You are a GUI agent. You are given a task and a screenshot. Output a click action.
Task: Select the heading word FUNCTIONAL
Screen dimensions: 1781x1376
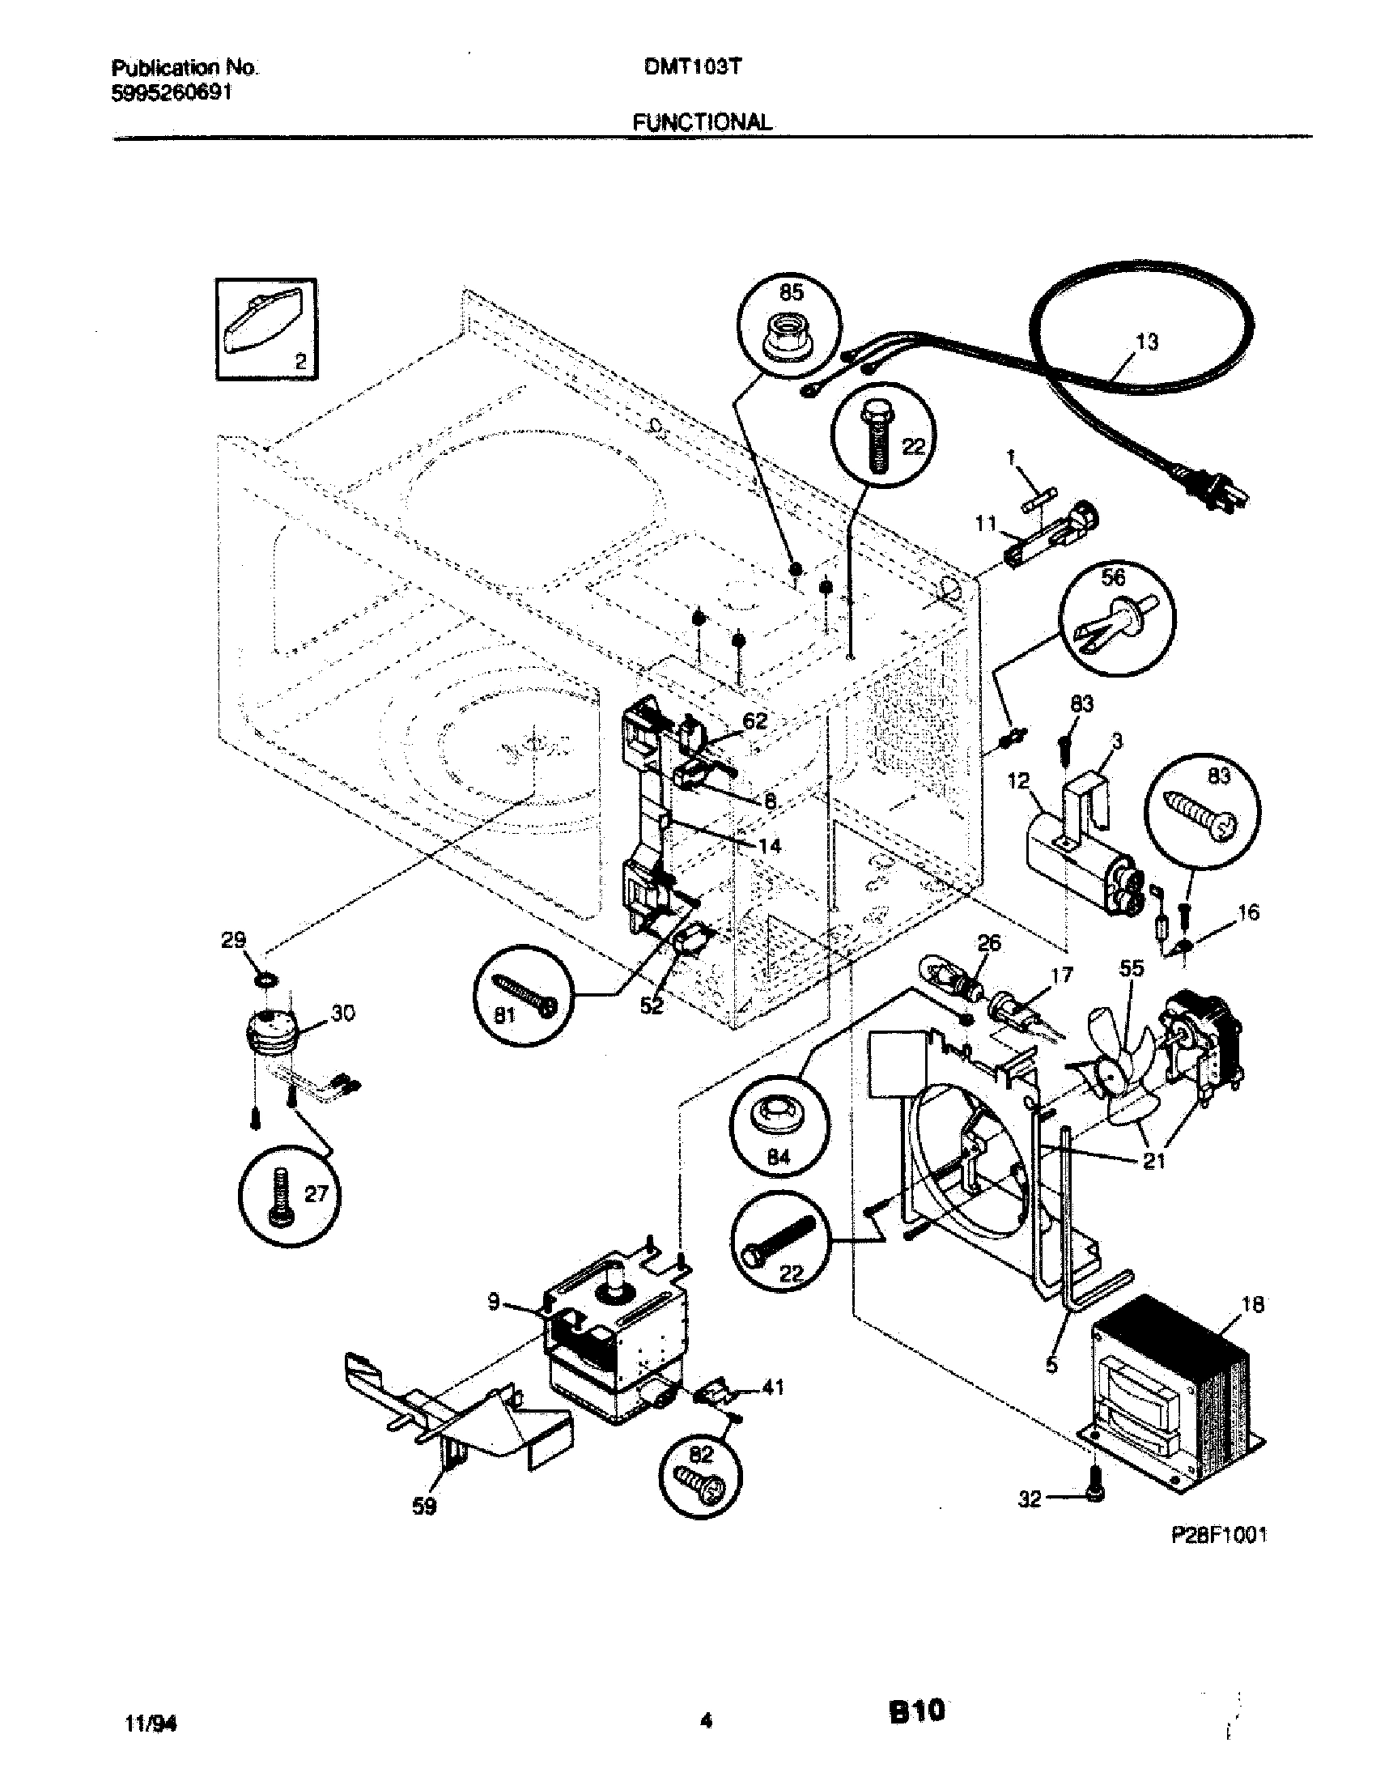tap(701, 122)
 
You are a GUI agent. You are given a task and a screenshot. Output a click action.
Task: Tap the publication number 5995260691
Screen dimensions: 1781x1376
tap(170, 92)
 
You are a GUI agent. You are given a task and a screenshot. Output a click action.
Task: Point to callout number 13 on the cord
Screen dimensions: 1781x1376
tap(1146, 342)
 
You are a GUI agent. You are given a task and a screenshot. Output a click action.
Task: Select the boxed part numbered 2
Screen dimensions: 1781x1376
tap(266, 328)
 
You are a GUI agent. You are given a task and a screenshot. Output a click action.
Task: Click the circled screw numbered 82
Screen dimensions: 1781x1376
tap(702, 1478)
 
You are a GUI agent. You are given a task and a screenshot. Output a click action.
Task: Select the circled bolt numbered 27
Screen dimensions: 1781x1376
tap(291, 1199)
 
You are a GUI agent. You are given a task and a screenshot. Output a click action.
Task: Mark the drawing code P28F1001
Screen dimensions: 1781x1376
tap(1219, 1536)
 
